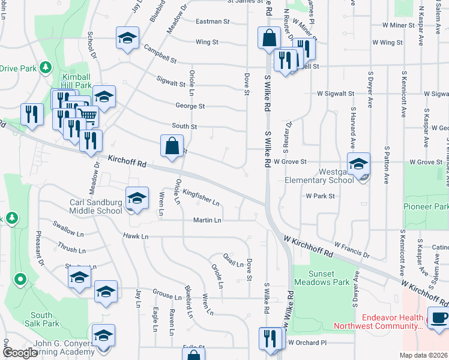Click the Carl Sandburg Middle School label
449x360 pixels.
95,206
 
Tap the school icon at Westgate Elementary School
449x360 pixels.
358,164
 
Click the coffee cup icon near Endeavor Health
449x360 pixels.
437,319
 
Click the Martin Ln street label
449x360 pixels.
207,220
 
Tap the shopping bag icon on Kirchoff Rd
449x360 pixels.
172,146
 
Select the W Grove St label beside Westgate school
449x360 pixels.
291,162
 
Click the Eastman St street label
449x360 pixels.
213,22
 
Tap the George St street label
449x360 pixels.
190,106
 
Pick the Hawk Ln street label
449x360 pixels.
135,236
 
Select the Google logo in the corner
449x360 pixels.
19,352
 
